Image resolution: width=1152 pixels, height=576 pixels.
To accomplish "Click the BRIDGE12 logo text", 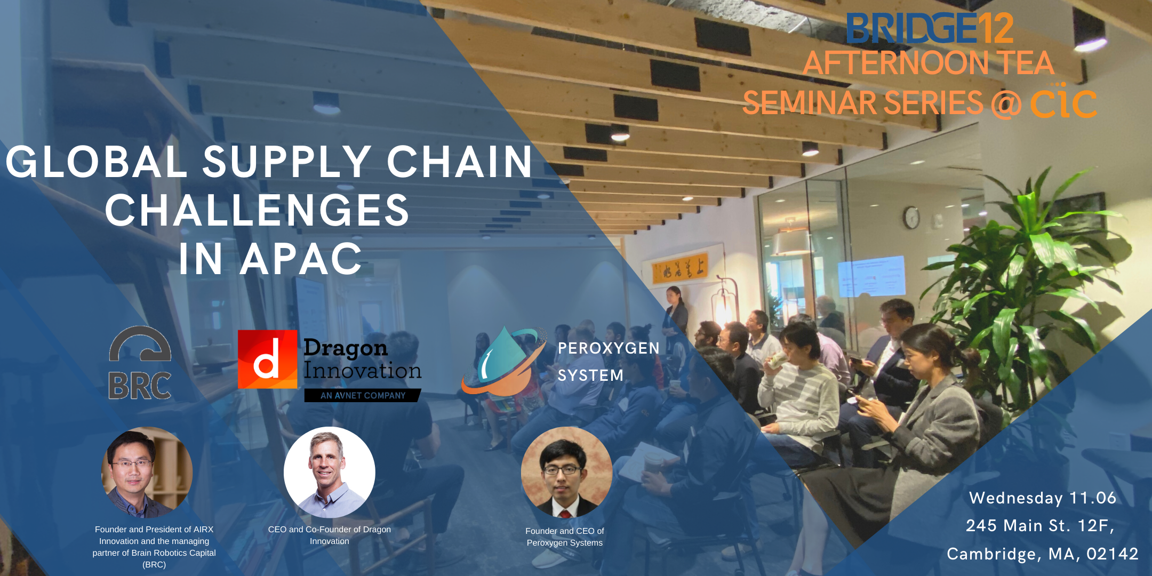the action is tap(930, 28).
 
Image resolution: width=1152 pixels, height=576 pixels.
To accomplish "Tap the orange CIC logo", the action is tap(1063, 101).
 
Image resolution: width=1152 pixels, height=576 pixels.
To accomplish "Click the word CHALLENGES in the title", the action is tap(257, 210).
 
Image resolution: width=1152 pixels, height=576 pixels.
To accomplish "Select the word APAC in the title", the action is tap(301, 259).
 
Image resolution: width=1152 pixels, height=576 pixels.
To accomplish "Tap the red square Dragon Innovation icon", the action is tap(267, 359).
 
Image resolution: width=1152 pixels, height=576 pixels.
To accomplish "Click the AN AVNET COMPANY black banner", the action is tap(363, 395).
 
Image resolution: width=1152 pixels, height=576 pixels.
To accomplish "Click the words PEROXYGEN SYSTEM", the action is tap(609, 362).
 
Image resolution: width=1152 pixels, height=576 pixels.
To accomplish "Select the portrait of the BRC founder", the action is tap(147, 473).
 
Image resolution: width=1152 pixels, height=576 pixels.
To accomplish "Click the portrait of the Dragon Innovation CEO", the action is tap(330, 473).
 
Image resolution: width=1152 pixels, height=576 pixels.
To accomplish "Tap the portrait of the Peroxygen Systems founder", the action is tap(566, 473).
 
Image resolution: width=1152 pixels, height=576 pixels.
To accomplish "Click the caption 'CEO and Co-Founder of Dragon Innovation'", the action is tap(330, 535).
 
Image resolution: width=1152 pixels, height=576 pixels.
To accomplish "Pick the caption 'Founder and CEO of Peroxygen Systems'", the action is tap(565, 537).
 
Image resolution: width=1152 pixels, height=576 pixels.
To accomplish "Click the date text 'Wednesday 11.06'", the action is tap(1043, 498).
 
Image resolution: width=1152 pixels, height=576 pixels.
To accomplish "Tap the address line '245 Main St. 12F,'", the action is tap(1041, 525).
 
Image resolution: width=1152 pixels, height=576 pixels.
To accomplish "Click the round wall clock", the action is tap(911, 218).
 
